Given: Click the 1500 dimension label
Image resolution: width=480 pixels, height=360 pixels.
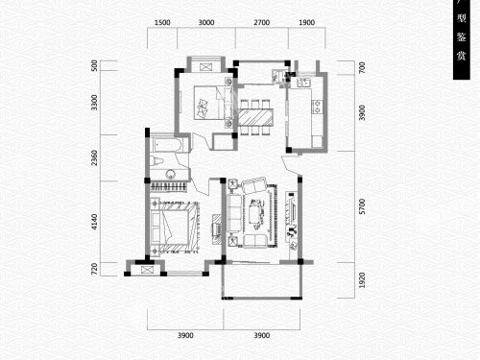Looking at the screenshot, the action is tap(162, 22).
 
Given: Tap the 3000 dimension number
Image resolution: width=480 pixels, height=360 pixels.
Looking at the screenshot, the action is tap(206, 22).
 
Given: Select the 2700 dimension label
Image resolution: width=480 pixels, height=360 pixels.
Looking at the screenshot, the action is tap(262, 22).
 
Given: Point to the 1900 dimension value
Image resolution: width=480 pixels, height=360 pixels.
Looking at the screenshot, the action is tap(306, 22).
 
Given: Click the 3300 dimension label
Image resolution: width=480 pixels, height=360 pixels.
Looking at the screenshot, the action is tap(94, 103).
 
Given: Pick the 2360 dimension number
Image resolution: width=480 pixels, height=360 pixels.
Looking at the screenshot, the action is tap(94, 157).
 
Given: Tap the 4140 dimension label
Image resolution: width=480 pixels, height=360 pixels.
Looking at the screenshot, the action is tap(94, 222).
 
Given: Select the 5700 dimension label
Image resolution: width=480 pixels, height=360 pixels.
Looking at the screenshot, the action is tap(362, 206).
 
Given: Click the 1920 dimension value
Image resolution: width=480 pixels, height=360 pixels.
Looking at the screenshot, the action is tap(362, 280).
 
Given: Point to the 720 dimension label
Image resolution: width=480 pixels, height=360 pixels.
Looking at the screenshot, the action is tap(94, 269).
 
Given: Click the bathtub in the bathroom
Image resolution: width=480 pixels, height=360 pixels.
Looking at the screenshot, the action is tap(166, 145).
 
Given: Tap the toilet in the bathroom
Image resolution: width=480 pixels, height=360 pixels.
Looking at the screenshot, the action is tap(156, 160).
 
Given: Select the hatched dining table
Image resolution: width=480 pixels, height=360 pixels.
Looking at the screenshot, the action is tap(255, 117).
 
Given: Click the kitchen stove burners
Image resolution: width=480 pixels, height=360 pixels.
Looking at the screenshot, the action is tap(317, 107).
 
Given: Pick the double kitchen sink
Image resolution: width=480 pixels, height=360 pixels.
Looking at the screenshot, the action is tap(303, 83).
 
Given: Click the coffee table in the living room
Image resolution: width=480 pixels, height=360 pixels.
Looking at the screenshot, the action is tap(256, 214).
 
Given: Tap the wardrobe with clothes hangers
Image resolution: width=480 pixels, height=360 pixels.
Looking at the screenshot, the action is tap(168, 187).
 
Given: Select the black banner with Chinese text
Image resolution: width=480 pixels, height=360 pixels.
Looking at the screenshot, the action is tap(462, 39).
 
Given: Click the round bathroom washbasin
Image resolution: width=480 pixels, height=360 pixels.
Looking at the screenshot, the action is tap(170, 175).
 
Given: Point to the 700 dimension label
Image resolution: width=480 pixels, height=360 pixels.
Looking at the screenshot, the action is tap(362, 68).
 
